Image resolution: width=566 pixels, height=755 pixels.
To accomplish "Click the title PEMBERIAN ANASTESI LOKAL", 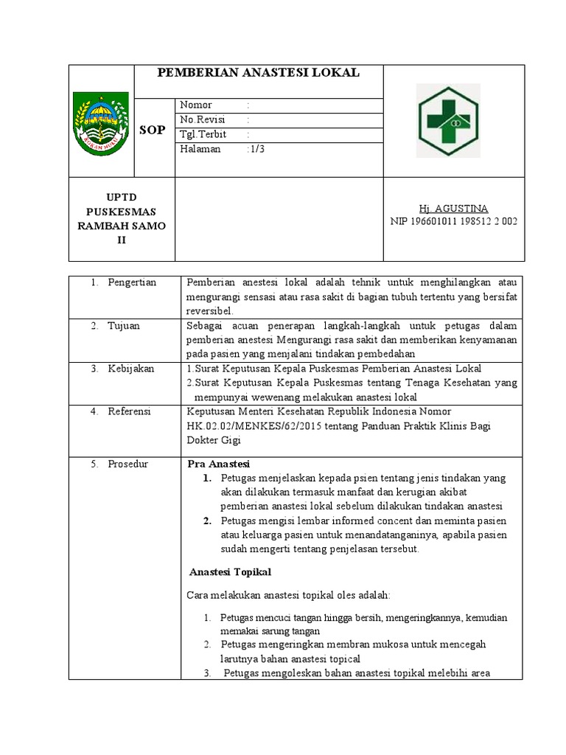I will (259, 72).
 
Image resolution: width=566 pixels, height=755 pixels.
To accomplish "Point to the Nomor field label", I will (196, 105).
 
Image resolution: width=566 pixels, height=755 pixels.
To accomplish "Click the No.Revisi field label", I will (203, 119).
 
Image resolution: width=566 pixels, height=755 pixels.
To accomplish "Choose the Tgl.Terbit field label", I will (203, 134).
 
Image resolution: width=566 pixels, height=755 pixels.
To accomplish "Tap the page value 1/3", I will (257, 149).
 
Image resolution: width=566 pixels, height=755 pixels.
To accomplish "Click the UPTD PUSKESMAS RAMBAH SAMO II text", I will (122, 219).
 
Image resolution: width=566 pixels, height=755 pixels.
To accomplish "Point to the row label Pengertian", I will (132, 283).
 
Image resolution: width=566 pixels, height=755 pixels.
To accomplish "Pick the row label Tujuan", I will (124, 326).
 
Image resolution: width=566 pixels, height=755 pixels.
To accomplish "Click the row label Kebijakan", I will (131, 369).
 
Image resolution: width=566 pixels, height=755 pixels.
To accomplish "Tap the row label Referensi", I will (130, 411).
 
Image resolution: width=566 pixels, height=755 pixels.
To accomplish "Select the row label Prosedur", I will (128, 464).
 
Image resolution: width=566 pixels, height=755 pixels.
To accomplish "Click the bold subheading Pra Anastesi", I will (219, 464).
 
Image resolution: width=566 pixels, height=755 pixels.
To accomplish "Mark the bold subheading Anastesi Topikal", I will (231, 571).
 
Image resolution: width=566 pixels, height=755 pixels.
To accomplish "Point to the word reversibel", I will (209, 310).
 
